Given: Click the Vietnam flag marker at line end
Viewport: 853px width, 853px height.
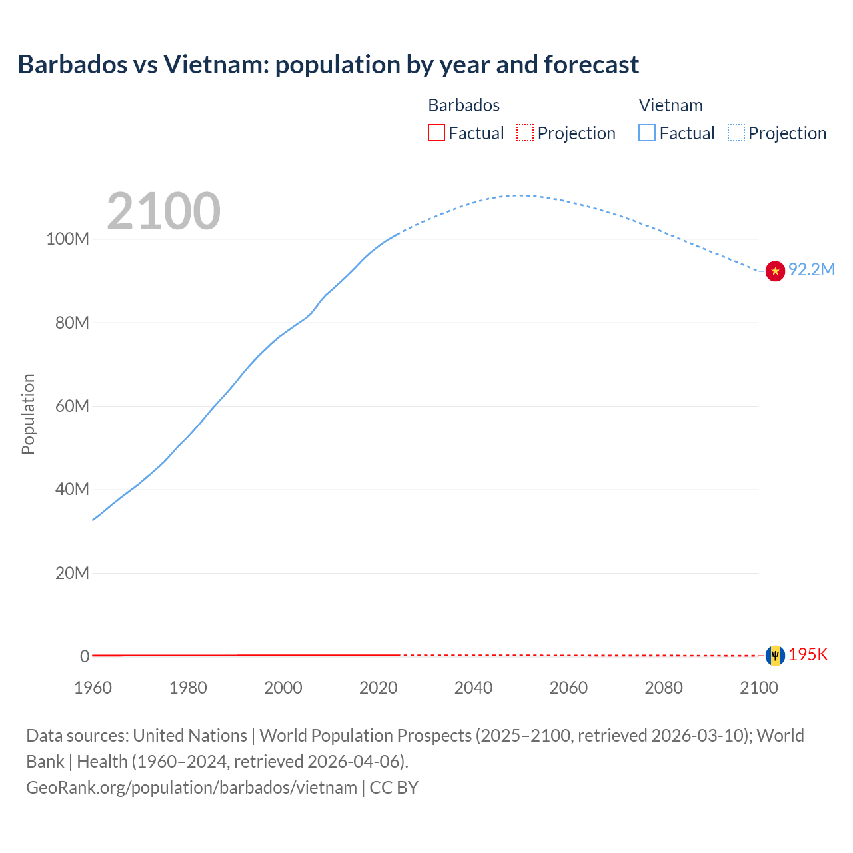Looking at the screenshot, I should click(775, 271).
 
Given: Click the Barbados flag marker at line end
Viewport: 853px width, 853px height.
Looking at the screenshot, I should click(775, 656).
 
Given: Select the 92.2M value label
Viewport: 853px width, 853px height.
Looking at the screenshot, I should click(811, 270).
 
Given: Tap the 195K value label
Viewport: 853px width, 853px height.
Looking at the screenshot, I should click(808, 655).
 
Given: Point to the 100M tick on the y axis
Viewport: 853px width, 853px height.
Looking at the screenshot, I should click(67, 239).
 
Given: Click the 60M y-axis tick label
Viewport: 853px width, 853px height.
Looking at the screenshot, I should click(71, 407).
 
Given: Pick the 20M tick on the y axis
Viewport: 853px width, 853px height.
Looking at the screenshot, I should click(71, 574).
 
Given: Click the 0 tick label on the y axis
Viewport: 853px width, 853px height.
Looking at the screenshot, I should click(85, 657).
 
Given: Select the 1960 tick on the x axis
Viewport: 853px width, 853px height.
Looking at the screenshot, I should click(93, 688).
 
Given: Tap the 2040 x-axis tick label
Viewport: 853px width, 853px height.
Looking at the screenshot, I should click(473, 688).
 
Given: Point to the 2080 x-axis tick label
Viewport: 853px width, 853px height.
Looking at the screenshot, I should click(664, 688).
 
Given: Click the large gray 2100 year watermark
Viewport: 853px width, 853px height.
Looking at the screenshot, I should click(163, 211).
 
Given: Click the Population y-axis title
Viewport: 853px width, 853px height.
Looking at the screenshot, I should click(28, 414).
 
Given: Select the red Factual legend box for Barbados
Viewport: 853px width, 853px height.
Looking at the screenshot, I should click(436, 133).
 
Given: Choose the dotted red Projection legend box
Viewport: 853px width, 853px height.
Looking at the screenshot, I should click(525, 133).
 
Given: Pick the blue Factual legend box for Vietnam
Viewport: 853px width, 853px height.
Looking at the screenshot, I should click(647, 133).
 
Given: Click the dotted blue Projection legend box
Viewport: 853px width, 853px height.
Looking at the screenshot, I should click(736, 133).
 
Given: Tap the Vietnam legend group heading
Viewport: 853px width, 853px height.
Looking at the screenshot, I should click(670, 105).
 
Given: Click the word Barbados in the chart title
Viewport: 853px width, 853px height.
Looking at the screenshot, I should click(72, 65).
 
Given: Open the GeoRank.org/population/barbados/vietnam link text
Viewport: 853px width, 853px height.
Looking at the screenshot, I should click(191, 788).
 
